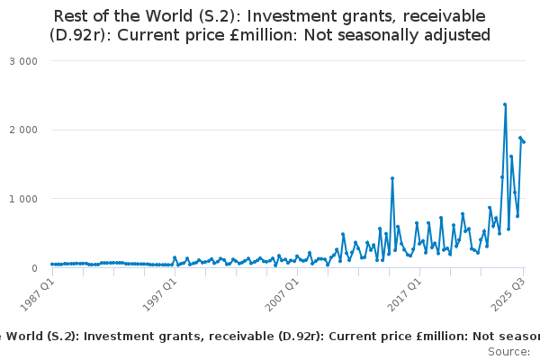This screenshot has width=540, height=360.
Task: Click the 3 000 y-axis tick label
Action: (x=24, y=61)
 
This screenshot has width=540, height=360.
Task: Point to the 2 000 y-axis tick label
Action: (x=24, y=130)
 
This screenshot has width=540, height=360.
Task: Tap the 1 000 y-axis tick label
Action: (x=24, y=199)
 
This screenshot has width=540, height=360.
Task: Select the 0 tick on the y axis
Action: (x=33, y=268)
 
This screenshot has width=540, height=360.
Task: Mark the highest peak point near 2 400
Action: (x=505, y=104)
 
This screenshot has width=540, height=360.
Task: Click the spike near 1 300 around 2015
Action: (x=392, y=178)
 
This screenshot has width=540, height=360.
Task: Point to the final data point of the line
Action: (x=524, y=142)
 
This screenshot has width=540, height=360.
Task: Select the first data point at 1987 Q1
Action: (x=52, y=265)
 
